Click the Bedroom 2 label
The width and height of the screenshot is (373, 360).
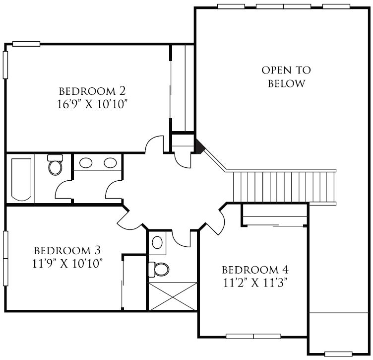pyautogui.click(x=92, y=91)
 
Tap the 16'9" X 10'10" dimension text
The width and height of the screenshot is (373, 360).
pyautogui.click(x=92, y=104)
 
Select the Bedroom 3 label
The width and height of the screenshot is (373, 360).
pyautogui.click(x=67, y=250)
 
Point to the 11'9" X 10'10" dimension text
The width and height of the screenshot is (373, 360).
pyautogui.click(x=67, y=264)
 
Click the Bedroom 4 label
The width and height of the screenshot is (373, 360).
pyautogui.click(x=255, y=270)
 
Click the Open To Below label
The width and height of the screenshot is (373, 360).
pyautogui.click(x=286, y=76)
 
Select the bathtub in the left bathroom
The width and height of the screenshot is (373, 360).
pyautogui.click(x=21, y=180)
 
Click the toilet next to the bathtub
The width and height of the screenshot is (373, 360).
pyautogui.click(x=55, y=165)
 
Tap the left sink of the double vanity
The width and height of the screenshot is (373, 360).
pyautogui.click(x=86, y=163)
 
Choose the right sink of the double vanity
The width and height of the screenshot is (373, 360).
pyautogui.click(x=110, y=163)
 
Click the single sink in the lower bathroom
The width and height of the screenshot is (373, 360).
pyautogui.click(x=157, y=242)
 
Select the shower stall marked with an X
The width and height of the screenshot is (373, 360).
pyautogui.click(x=173, y=296)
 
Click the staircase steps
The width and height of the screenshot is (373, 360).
pyautogui.click(x=284, y=187)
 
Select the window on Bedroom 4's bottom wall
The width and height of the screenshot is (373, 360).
pyautogui.click(x=253, y=337)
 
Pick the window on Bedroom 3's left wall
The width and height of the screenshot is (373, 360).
pyautogui.click(x=6, y=258)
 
